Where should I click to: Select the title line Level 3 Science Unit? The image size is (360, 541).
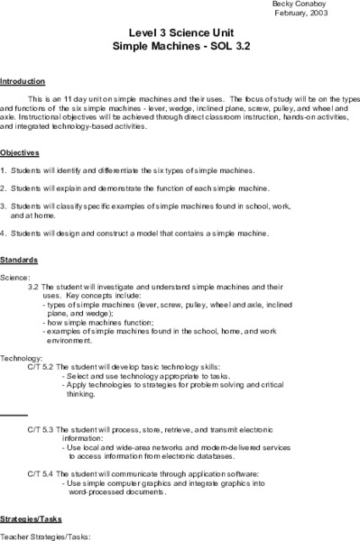(180, 31)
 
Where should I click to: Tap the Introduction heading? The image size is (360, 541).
(21, 80)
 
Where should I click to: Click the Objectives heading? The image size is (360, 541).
(20, 152)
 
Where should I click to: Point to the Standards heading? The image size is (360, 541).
(19, 259)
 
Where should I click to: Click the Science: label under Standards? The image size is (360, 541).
(15, 277)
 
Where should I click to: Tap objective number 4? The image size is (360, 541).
(4, 234)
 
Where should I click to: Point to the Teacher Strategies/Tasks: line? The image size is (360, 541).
(42, 536)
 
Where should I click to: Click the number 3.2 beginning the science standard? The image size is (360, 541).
(34, 287)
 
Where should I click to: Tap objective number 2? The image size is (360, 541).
(4, 189)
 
